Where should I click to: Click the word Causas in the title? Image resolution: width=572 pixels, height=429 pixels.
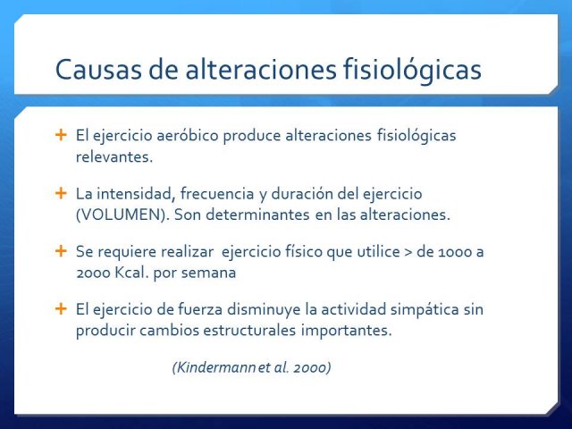pos(98,70)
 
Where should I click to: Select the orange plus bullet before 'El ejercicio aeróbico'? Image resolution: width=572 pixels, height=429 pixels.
pos(61,135)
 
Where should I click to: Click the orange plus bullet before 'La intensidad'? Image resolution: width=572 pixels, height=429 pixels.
pos(61,193)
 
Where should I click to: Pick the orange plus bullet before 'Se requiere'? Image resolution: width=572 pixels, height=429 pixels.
pos(61,251)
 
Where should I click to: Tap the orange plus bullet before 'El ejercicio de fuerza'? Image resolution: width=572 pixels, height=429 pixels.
pos(61,308)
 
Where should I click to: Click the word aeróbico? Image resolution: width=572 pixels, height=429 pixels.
pos(188,135)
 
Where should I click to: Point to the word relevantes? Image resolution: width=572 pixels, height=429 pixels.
pos(114,157)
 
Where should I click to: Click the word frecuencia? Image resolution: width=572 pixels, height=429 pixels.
pos(217,193)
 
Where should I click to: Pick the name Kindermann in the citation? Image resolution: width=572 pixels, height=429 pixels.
pos(214,367)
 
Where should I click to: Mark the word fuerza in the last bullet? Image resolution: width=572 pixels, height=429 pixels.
pos(200,309)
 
